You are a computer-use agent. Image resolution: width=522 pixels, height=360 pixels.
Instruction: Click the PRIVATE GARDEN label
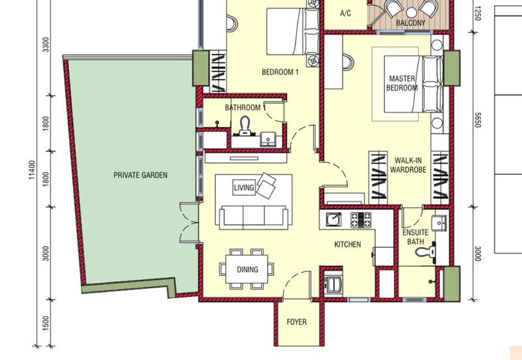140,175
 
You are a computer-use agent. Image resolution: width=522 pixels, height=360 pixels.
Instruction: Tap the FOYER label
297,322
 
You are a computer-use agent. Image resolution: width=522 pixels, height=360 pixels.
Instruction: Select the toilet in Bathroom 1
245,126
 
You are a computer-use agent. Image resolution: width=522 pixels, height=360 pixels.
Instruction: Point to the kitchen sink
333,220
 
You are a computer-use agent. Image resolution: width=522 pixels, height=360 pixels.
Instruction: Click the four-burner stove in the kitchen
361,220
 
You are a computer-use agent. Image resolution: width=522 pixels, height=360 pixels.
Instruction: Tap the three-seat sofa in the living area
253,217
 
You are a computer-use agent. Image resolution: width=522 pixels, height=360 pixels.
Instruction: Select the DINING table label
247,269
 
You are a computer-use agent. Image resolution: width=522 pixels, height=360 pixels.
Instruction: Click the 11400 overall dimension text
32,170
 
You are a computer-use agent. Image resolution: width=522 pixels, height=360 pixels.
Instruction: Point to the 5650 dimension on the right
478,120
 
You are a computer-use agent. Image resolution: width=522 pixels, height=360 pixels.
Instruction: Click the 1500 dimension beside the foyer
46,323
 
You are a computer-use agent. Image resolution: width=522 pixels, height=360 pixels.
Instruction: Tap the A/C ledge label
345,13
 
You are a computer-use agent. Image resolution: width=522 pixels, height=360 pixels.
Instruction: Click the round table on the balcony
412,12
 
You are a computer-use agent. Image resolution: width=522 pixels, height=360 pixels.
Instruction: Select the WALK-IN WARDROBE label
408,165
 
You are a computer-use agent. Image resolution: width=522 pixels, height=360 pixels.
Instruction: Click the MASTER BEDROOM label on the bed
402,83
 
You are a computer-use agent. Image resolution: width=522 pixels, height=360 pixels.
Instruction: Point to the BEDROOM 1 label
280,72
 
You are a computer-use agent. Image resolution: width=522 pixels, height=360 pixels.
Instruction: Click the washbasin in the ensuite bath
439,222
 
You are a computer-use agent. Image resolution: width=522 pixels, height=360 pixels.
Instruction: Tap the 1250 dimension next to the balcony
478,13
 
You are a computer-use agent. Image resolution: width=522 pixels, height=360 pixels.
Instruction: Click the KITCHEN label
348,245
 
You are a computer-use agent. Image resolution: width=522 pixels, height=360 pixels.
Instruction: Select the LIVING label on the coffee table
244,188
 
